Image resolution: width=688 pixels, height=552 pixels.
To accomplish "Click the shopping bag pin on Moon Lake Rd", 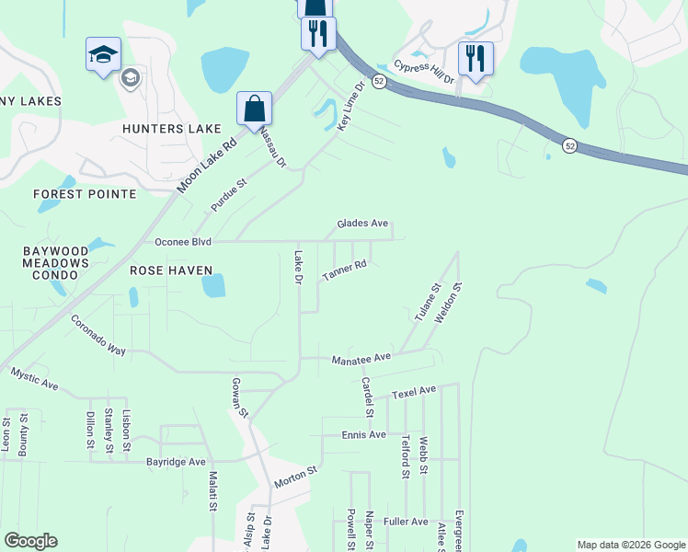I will tap(253, 109).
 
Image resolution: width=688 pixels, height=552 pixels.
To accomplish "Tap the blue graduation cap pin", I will tap(103, 53).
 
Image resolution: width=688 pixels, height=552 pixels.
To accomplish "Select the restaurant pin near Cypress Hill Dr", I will tap(475, 59).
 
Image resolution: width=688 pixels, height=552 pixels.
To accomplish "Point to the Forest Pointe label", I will tap(85, 194).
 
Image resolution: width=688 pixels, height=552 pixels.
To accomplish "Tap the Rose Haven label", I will tap(171, 270).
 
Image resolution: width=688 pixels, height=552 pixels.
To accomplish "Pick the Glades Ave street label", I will tap(362, 224).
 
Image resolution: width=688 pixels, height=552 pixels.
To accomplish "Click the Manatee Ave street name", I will tap(361, 357).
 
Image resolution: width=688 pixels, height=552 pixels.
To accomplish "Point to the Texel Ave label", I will tap(413, 392).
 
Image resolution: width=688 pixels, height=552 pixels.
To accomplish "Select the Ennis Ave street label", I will tap(363, 434).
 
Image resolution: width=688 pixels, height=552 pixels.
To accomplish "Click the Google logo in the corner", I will tap(30, 541).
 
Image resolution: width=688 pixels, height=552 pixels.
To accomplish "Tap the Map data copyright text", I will tap(630, 545).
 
